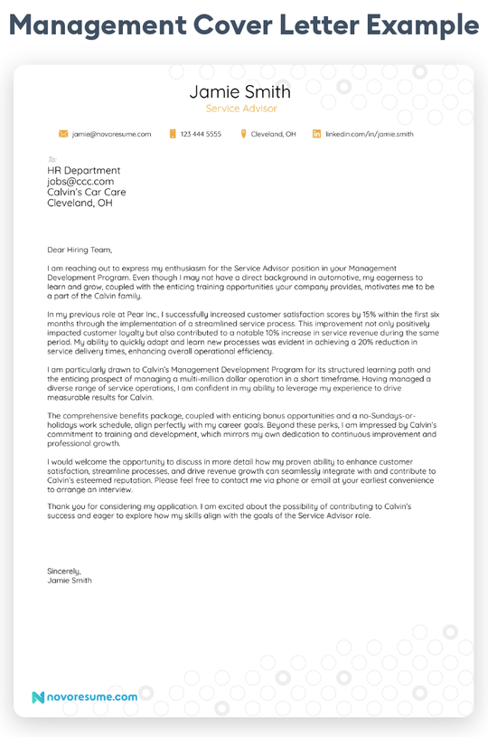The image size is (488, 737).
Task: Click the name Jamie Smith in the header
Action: point(240,92)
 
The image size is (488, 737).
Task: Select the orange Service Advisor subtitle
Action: point(240,109)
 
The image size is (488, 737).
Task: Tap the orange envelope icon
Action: point(63,134)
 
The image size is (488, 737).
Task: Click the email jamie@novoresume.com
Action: point(111,134)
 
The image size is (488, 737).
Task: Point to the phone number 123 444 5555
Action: point(201,134)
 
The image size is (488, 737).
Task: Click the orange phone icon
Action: point(172,134)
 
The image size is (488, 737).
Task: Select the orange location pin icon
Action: point(243,134)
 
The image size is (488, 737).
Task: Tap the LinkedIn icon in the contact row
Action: point(316,134)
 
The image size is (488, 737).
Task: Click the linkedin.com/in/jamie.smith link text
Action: point(370,134)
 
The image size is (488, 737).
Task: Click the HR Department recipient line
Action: point(83,170)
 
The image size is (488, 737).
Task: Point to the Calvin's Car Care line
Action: point(86,192)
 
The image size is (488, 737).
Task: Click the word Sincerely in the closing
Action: point(63,571)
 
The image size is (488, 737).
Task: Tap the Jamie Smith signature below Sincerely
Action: point(69,580)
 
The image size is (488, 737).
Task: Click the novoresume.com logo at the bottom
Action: point(84,697)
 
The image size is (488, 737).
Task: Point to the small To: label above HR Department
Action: point(52,159)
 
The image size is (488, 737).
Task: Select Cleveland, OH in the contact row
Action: point(273,134)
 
